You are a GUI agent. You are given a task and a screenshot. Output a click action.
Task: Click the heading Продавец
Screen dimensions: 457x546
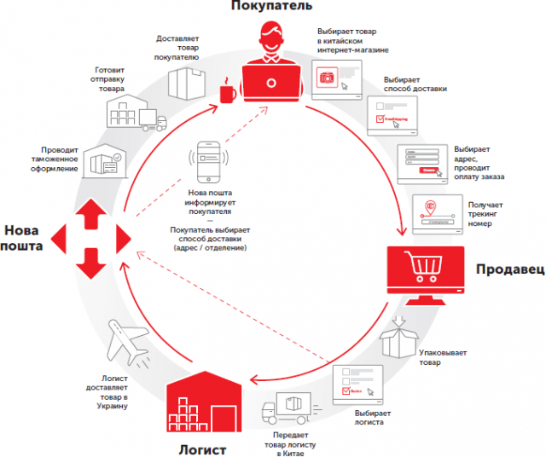point(509,269)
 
